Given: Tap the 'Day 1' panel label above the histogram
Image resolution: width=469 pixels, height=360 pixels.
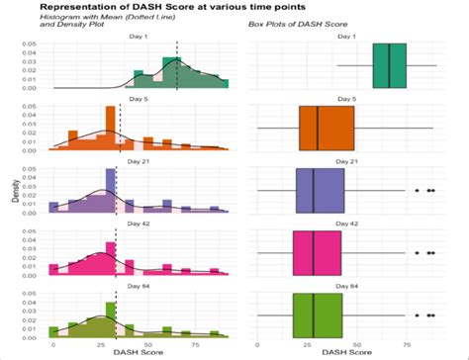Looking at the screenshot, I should [139, 37].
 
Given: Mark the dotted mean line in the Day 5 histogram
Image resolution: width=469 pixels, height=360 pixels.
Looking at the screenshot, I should [120, 128].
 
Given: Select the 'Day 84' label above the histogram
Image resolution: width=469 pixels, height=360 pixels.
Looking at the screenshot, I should [139, 285].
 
